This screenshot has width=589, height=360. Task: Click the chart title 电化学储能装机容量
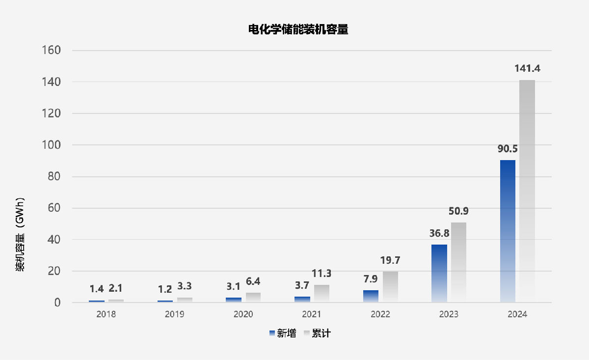(298, 29)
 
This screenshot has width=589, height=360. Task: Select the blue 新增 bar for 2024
(508, 231)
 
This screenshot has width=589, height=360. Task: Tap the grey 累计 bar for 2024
(527, 192)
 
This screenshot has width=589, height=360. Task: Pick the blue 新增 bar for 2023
(439, 273)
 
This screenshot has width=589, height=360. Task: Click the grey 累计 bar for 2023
(458, 263)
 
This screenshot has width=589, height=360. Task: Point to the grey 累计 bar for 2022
(390, 287)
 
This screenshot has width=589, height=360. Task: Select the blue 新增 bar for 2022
(371, 296)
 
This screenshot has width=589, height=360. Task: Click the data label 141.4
(527, 69)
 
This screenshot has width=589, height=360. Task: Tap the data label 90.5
(508, 149)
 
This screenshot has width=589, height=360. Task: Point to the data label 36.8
(439, 233)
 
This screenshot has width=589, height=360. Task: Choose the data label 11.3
(321, 274)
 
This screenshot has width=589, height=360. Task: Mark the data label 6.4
(253, 281)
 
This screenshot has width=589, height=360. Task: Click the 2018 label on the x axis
(106, 314)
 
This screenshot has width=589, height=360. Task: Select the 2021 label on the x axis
(312, 314)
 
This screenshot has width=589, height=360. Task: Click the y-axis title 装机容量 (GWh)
(20, 235)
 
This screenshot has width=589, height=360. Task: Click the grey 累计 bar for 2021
(321, 294)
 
